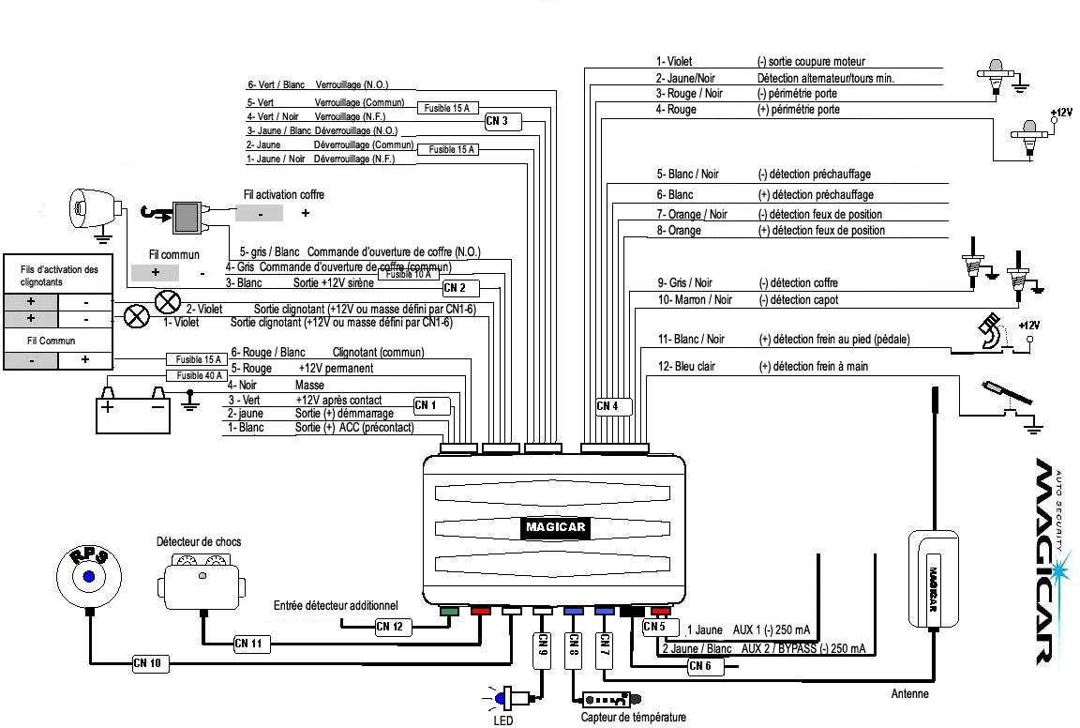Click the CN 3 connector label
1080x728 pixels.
(498, 121)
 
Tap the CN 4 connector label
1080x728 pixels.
(607, 406)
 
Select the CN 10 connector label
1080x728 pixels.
(147, 663)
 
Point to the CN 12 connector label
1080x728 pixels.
(391, 626)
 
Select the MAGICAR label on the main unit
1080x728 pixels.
(554, 527)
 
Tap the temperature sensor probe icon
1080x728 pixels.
(610, 701)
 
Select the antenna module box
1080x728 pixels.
(933, 577)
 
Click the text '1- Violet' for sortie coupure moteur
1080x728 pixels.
(673, 62)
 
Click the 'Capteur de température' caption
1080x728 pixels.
(633, 718)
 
